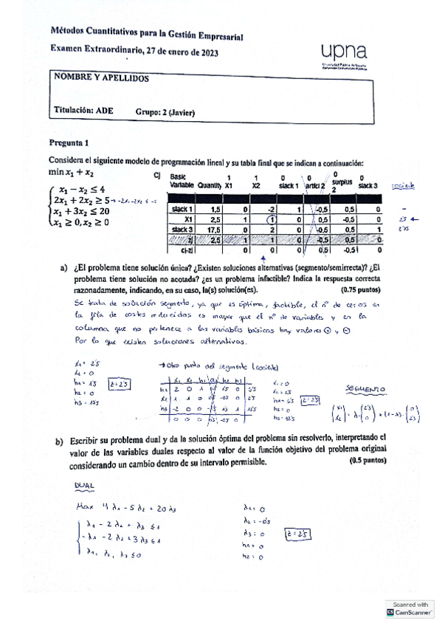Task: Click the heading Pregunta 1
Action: click(69, 142)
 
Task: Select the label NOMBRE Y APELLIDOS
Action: click(101, 78)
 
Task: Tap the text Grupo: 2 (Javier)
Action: click(165, 113)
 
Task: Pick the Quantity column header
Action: click(210, 186)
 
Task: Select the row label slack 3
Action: click(181, 230)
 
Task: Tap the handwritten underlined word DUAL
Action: click(86, 485)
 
